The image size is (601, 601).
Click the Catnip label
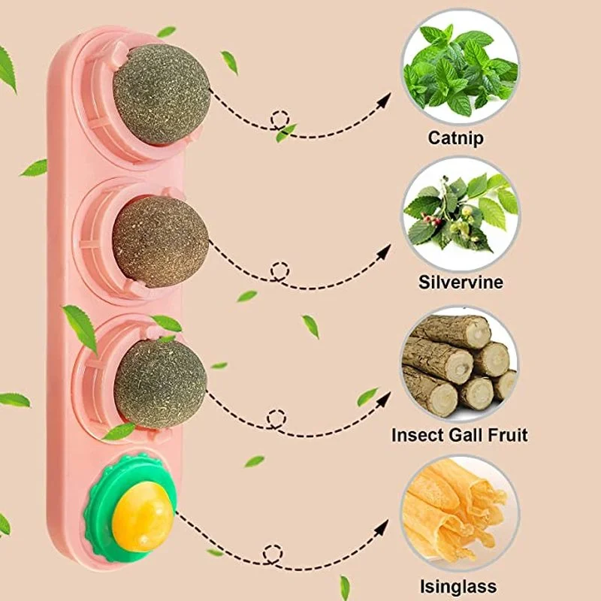tap(455, 138)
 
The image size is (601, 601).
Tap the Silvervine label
tap(461, 283)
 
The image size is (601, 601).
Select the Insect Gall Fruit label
tap(459, 435)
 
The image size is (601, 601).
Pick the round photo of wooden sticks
tap(459, 364)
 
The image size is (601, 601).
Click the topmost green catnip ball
tap(162, 94)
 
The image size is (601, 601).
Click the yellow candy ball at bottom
tap(143, 516)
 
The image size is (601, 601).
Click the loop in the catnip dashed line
tap(280, 120)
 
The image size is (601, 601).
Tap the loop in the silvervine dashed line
tap(280, 270)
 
